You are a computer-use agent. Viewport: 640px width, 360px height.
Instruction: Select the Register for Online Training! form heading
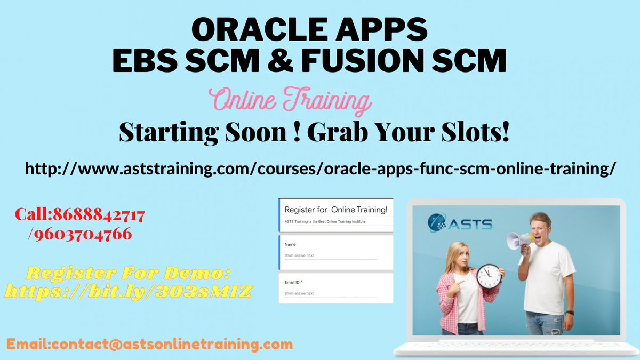[336, 210]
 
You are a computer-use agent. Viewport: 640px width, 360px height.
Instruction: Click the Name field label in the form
[291, 244]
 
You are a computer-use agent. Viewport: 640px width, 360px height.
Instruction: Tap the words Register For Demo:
[128, 274]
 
